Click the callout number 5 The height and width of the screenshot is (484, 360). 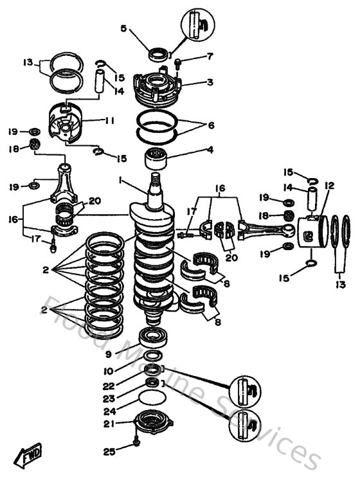click(x=124, y=29)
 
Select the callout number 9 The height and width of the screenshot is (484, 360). click(x=109, y=354)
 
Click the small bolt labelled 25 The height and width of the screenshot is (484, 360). click(x=138, y=443)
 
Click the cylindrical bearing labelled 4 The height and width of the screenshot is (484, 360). click(x=157, y=156)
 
